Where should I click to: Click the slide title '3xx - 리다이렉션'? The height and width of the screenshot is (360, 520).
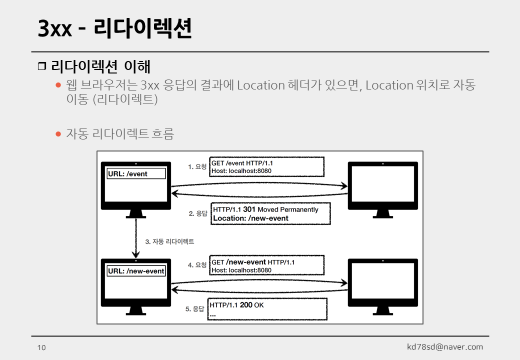(114, 29)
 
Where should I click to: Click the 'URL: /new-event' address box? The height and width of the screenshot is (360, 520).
(136, 271)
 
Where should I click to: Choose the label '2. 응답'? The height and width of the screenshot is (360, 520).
(198, 213)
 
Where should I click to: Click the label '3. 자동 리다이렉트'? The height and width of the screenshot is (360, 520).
(169, 241)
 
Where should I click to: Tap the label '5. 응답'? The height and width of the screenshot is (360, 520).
(195, 309)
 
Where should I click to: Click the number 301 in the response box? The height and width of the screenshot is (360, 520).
(249, 209)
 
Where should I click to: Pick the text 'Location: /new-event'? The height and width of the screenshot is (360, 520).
(250, 218)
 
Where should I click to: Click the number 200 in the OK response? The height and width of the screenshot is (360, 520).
(246, 305)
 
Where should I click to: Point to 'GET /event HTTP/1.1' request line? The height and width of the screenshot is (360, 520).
(242, 163)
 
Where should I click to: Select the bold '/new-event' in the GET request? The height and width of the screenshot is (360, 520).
(246, 262)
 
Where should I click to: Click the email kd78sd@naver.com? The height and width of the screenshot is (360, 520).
(445, 347)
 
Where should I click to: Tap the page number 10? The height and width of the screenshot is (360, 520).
(41, 347)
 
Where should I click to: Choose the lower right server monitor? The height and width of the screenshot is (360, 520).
(382, 283)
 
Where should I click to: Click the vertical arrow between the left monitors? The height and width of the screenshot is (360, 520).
(136, 238)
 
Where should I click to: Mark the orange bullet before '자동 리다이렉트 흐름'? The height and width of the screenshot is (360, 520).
(58, 134)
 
